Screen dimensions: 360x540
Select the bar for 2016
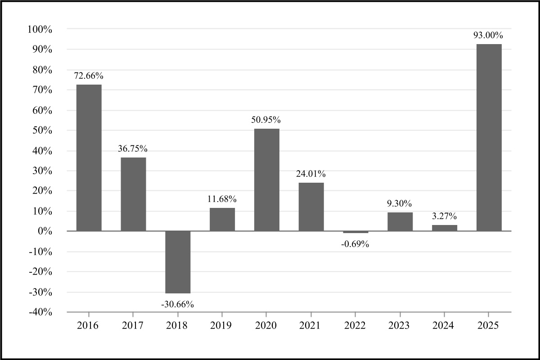[x=89, y=157]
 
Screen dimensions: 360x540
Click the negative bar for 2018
[x=178, y=262]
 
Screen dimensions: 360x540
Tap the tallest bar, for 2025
[x=489, y=137]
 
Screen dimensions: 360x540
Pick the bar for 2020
[x=266, y=180]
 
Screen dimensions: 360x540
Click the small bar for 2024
[x=445, y=228]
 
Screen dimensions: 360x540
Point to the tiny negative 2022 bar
[x=355, y=232]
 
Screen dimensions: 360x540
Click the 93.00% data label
[x=488, y=35]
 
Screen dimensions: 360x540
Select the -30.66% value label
[x=177, y=305]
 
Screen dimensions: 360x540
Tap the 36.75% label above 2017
[x=133, y=149]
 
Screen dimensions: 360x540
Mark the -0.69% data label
[x=355, y=244]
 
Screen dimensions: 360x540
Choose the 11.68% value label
[x=222, y=199]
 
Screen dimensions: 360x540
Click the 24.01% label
[x=311, y=174]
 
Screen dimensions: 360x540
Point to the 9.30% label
[x=400, y=203]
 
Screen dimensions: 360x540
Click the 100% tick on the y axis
[x=40, y=29]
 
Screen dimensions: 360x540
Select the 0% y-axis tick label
[x=45, y=231]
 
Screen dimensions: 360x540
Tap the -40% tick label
[x=40, y=312]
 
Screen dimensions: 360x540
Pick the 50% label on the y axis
[x=42, y=130]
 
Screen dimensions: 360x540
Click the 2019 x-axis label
[x=222, y=326]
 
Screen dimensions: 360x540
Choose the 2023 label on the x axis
[x=400, y=326]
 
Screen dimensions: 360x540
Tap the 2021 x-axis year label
[x=311, y=326]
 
